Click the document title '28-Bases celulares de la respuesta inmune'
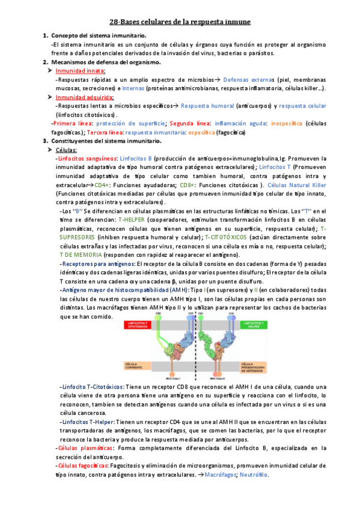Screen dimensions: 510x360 pos(180,22)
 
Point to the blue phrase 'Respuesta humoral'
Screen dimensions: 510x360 pos(204,106)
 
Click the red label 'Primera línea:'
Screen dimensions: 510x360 pos(69,123)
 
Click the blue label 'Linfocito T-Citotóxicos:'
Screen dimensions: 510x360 pos(94,386)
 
